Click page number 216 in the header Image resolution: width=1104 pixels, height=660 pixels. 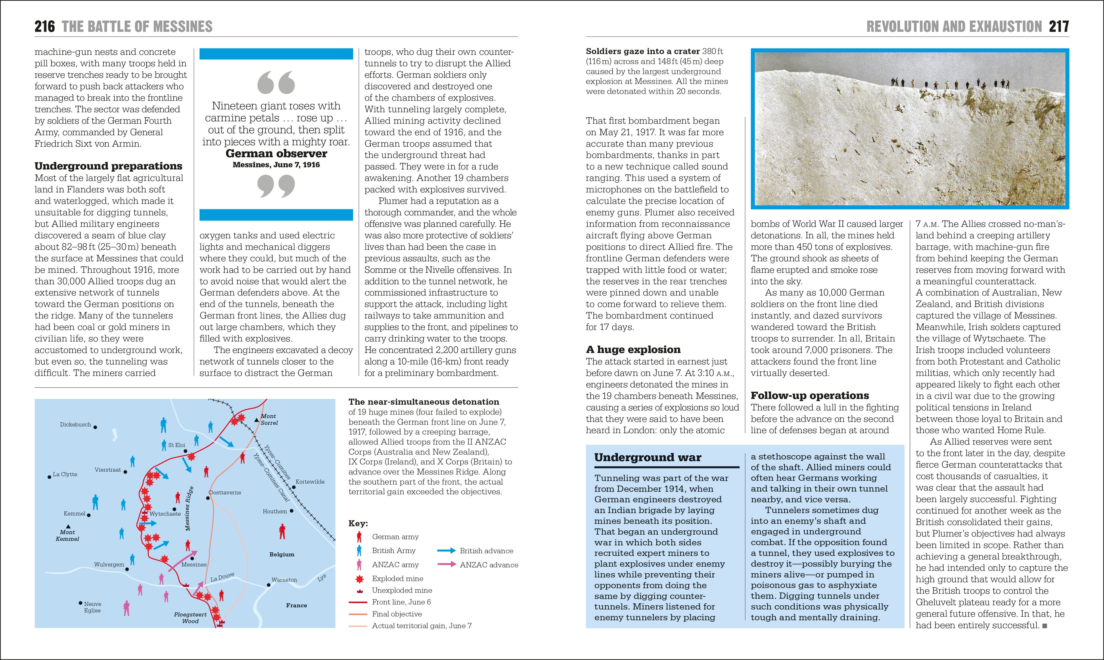tap(45, 27)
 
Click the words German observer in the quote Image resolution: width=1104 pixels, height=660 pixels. tap(276, 154)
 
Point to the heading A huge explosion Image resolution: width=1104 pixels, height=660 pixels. tap(633, 350)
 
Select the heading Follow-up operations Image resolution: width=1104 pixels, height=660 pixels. tap(810, 395)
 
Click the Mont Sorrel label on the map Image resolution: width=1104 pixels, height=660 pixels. tap(269, 419)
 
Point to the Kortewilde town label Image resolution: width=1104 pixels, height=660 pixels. tap(310, 482)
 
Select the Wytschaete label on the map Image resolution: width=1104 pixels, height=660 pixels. tap(165, 514)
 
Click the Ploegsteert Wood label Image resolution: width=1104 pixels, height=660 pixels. tap(190, 618)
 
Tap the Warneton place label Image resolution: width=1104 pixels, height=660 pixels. tap(284, 580)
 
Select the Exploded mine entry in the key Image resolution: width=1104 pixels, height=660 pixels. tap(397, 579)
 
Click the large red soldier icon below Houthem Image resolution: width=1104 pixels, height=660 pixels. tap(282, 532)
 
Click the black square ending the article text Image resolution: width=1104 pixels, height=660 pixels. tap(1044, 626)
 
